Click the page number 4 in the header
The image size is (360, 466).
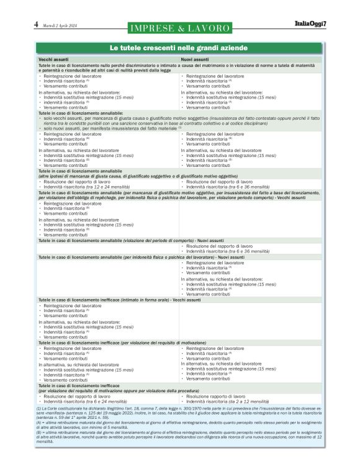tap(36, 25)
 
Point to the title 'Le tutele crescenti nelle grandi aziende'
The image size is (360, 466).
tap(179, 48)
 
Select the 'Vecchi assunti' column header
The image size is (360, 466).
tap(54, 59)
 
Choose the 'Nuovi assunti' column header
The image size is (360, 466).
tap(195, 59)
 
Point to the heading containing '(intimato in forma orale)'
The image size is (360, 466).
tap(112, 300)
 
